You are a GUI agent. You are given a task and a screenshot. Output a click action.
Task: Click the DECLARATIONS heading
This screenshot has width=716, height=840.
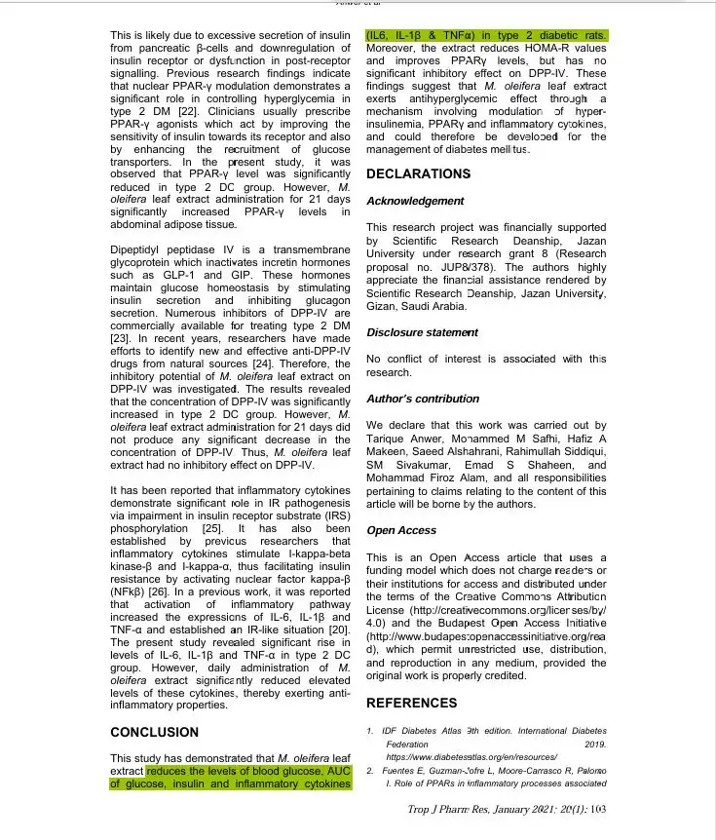click(x=418, y=174)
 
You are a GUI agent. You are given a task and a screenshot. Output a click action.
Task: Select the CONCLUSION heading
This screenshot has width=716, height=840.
click(x=154, y=732)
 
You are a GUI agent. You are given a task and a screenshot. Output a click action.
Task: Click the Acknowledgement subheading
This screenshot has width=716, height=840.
click(x=415, y=201)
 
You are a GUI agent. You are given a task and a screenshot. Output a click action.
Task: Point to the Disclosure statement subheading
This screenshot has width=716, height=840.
click(x=422, y=332)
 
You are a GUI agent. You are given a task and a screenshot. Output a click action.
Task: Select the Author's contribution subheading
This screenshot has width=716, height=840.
click(x=423, y=399)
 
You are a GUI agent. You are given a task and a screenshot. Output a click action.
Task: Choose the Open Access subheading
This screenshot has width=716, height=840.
click(x=401, y=530)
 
